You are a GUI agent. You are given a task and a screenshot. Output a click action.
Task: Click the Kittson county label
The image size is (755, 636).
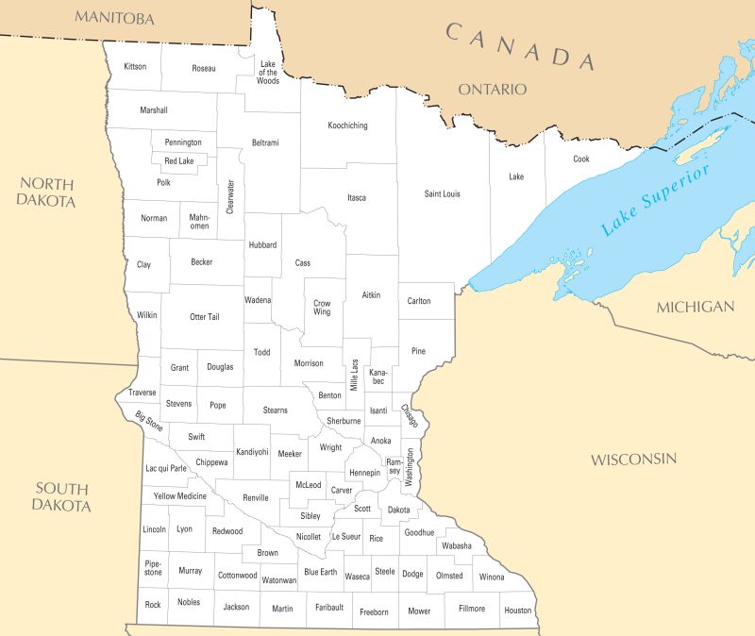click(x=135, y=67)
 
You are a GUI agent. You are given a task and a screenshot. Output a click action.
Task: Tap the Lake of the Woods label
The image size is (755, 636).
click(x=268, y=73)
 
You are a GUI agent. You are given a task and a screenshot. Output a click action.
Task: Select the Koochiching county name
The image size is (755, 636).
click(x=347, y=126)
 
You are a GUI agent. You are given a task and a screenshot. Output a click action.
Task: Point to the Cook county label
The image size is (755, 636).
click(x=581, y=159)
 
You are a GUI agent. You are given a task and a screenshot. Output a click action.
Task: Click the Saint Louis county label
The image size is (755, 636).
click(x=442, y=194)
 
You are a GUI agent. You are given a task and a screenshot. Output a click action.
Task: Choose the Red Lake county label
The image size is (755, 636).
click(x=178, y=161)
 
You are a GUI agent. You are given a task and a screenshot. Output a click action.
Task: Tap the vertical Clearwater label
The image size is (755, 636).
click(x=229, y=197)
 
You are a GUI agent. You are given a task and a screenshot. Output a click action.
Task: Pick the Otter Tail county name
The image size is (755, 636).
click(x=204, y=316)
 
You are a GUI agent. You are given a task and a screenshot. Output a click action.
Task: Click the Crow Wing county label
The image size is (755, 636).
click(x=322, y=307)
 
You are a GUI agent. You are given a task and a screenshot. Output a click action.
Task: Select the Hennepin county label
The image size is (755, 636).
click(x=364, y=472)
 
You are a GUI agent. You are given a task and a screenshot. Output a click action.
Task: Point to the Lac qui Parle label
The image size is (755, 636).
click(x=166, y=468)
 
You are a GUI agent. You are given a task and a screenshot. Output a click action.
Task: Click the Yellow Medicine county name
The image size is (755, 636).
click(x=179, y=496)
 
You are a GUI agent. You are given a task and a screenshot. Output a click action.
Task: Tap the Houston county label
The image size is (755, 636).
click(x=518, y=611)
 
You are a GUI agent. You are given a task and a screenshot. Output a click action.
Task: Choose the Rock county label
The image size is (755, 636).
click(x=153, y=603)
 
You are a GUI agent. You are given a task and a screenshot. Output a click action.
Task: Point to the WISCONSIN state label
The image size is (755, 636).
click(x=633, y=460)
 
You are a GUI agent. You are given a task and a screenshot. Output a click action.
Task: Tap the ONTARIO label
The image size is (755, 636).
click(x=492, y=89)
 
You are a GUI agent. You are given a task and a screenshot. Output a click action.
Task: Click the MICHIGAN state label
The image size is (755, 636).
click(x=695, y=307)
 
